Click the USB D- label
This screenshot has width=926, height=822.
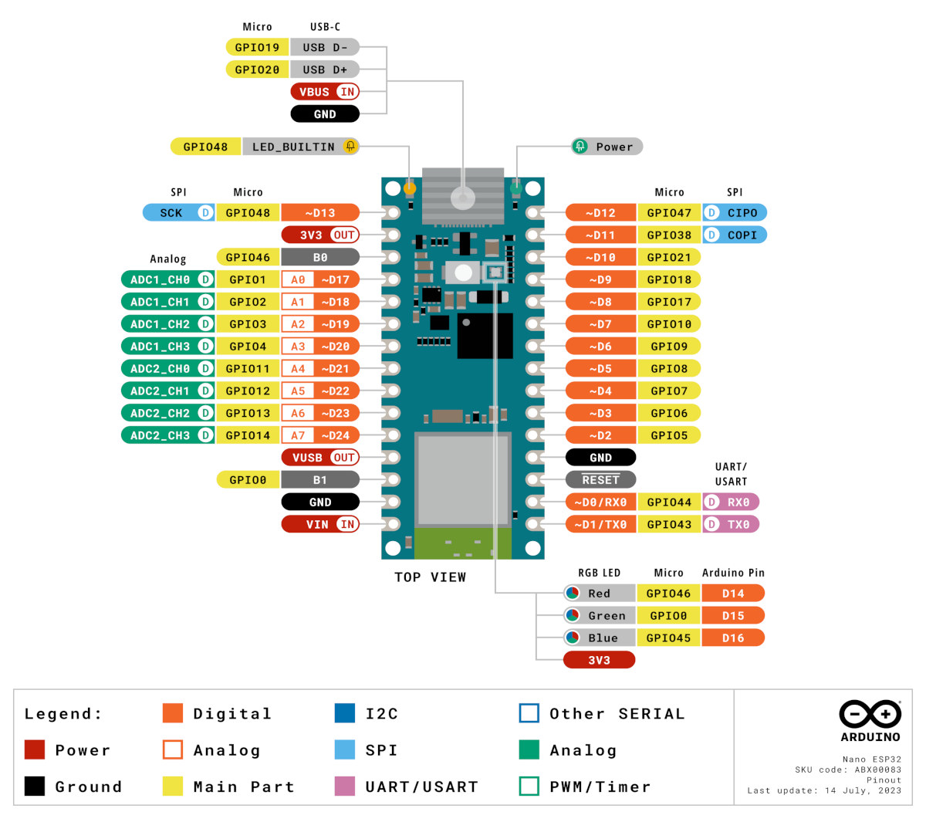coord(325,47)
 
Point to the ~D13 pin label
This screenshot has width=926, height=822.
coord(320,213)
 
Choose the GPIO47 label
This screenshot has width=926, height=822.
coord(669,213)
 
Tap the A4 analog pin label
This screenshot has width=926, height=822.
coord(298,369)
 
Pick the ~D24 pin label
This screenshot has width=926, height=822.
coord(336,435)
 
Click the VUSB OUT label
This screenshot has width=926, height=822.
coord(320,458)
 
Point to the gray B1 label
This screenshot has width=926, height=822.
coord(320,480)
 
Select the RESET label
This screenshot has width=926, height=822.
coord(600,480)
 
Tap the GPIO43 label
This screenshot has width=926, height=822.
coord(669,525)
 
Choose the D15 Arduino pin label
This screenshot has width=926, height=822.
coord(733,616)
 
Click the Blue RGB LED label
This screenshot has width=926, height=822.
coord(599,638)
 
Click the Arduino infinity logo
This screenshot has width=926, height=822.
coord(870,714)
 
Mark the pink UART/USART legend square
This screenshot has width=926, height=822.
coord(345,786)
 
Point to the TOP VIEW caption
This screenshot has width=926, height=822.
coord(430,577)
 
